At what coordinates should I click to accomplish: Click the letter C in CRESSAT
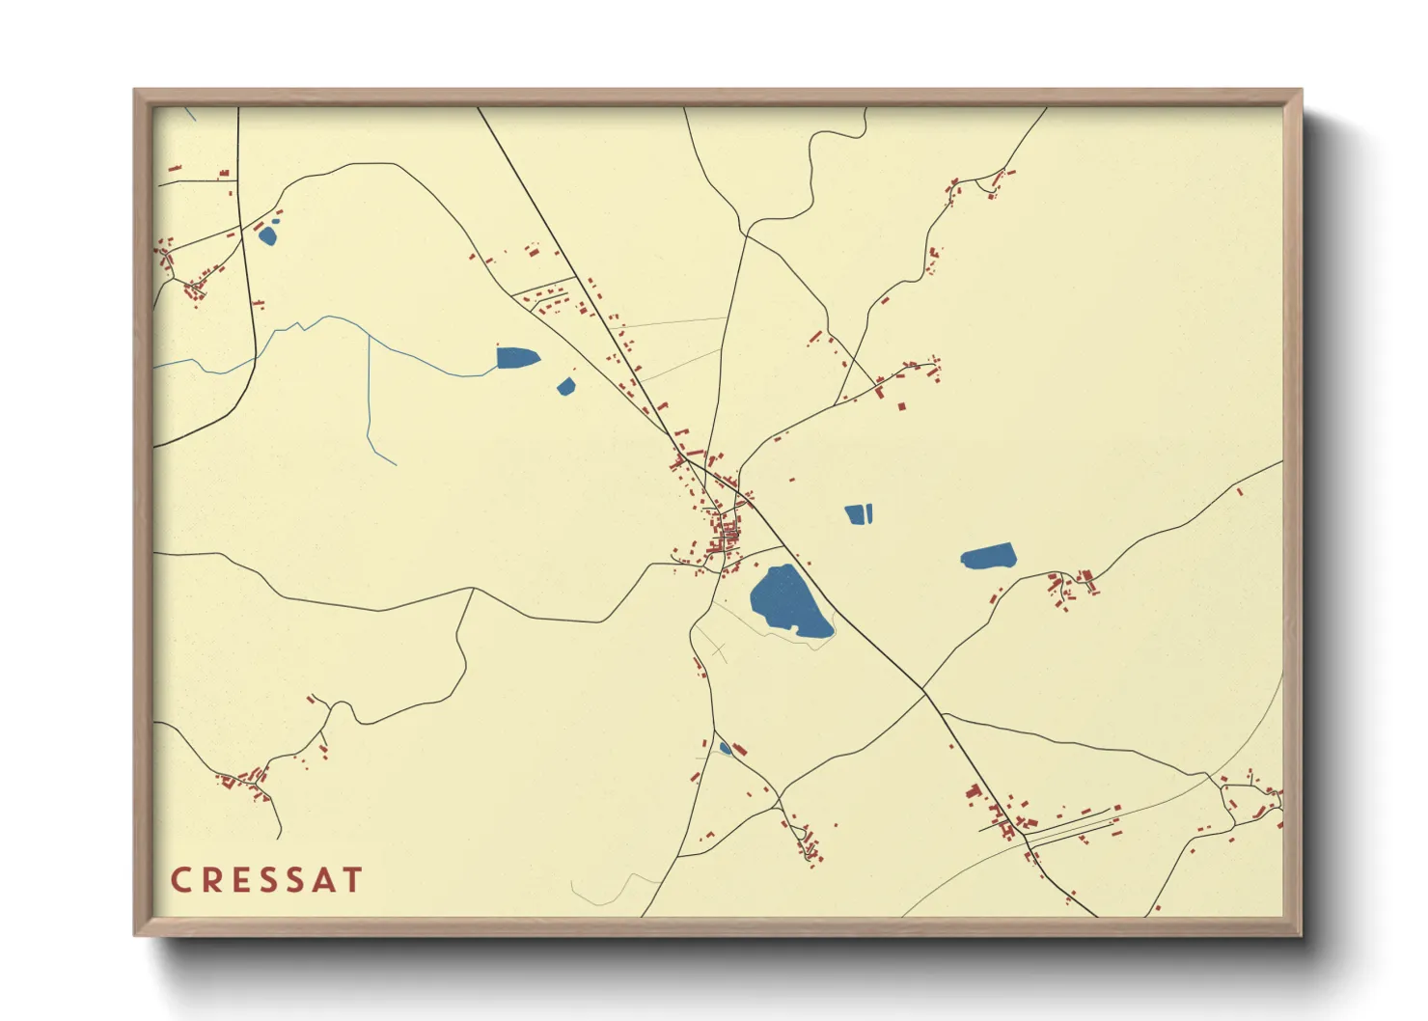[180, 880]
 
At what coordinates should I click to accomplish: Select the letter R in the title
[210, 880]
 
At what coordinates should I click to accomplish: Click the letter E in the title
[239, 880]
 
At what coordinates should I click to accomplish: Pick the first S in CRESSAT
[266, 880]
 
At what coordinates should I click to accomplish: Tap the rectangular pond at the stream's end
[515, 358]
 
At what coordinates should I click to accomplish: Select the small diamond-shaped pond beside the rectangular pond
[566, 387]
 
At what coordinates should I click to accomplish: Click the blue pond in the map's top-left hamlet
[267, 235]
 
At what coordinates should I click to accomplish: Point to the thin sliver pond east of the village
[869, 512]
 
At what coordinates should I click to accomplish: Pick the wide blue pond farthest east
[989, 556]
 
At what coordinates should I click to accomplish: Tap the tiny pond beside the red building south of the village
[726, 748]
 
